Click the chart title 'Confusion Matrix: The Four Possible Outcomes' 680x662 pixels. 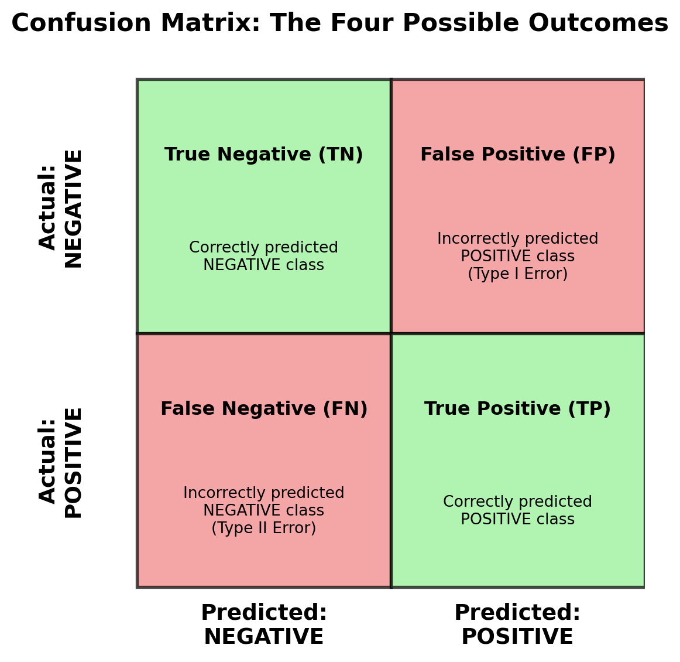pos(339,23)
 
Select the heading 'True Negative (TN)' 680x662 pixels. pos(263,155)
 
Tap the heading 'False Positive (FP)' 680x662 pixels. pos(517,155)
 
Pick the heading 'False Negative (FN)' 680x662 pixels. pos(263,409)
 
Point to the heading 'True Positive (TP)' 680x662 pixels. pos(517,409)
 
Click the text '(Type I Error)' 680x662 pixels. pos(517,274)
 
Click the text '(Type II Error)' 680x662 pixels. pos(263,528)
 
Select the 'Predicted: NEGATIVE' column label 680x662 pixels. pos(263,625)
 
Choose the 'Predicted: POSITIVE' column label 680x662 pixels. pos(517,625)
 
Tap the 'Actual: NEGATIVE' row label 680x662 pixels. pos(61,208)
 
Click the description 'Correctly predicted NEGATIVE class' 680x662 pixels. pos(263,257)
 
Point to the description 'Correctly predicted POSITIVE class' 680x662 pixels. pos(517,511)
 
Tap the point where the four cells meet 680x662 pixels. pos(391,333)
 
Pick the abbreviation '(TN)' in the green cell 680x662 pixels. pos(341,155)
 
